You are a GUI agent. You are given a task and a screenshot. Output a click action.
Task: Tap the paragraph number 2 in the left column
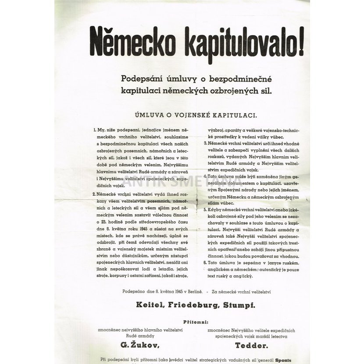tap(94, 193)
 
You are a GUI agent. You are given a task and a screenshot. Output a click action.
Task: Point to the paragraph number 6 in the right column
tap(205, 263)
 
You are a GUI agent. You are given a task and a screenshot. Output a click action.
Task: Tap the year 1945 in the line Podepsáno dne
tap(177, 290)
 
